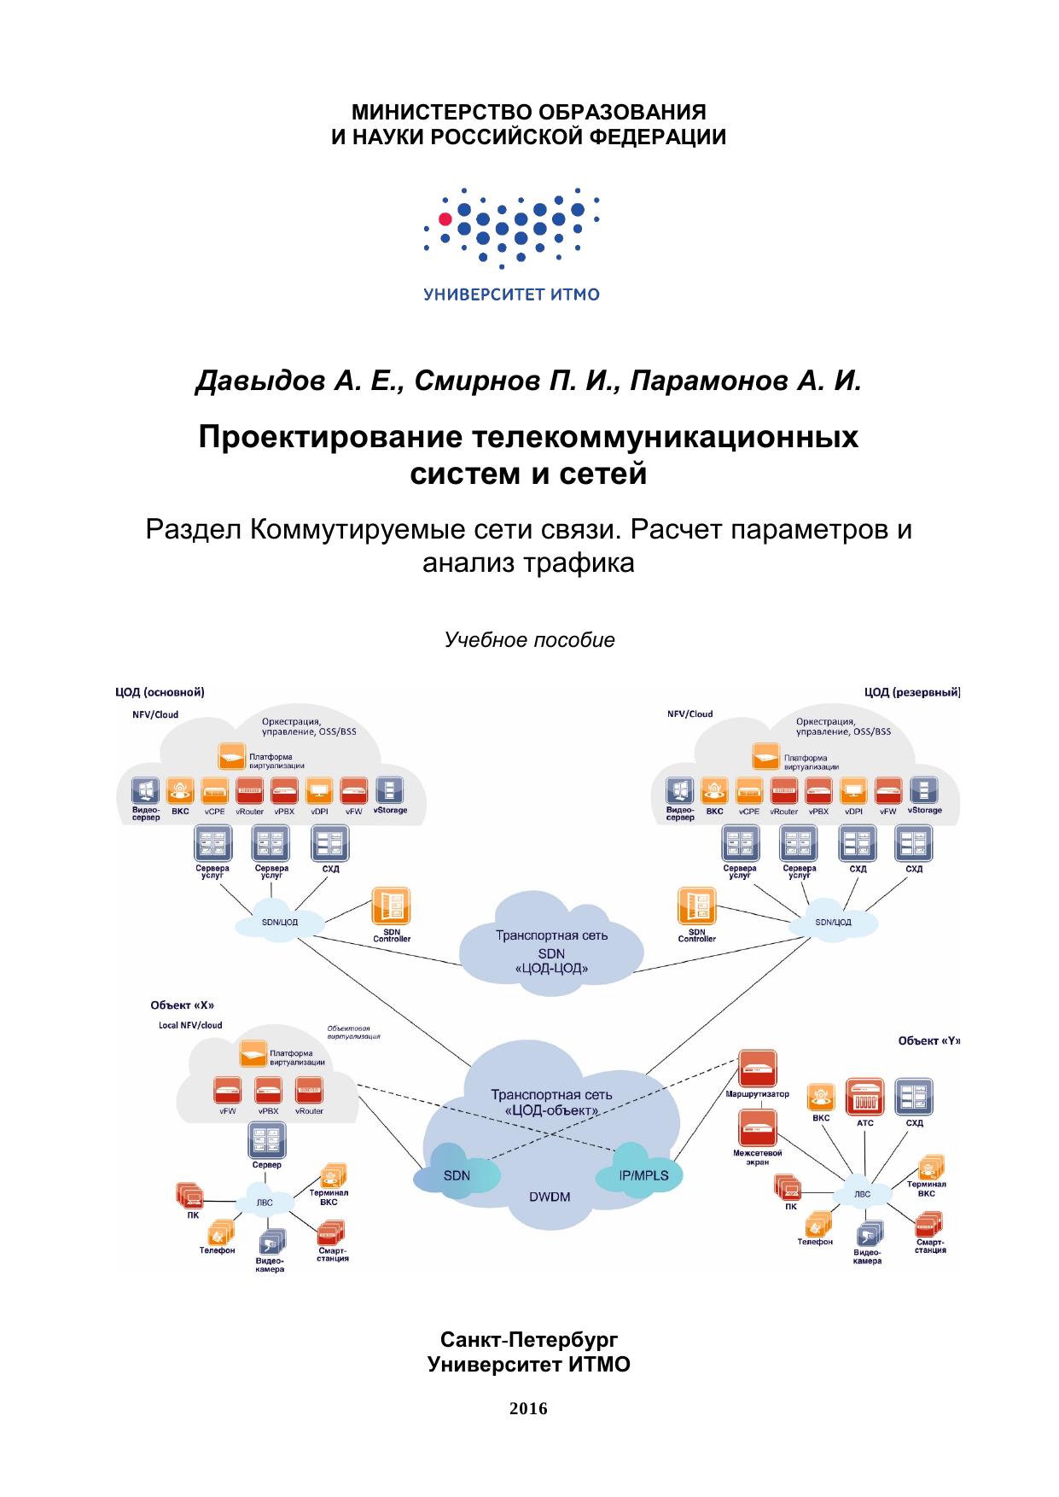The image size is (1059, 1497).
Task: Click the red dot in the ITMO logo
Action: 445,218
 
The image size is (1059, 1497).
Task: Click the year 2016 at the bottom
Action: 528,1409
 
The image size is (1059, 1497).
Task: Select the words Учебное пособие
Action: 529,640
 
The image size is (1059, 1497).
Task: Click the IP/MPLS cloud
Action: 643,1176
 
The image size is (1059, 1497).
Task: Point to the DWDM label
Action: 549,1197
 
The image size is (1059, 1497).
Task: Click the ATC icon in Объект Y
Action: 864,1097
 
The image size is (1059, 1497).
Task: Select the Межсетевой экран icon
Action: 757,1127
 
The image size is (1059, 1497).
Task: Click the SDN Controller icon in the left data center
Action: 391,907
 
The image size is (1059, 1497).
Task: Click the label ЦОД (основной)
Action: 160,692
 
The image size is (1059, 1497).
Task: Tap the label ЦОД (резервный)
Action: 912,692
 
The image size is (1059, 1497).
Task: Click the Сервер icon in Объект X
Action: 266,1140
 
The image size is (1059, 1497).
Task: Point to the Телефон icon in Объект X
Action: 218,1232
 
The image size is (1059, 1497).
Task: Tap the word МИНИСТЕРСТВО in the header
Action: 433,113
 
